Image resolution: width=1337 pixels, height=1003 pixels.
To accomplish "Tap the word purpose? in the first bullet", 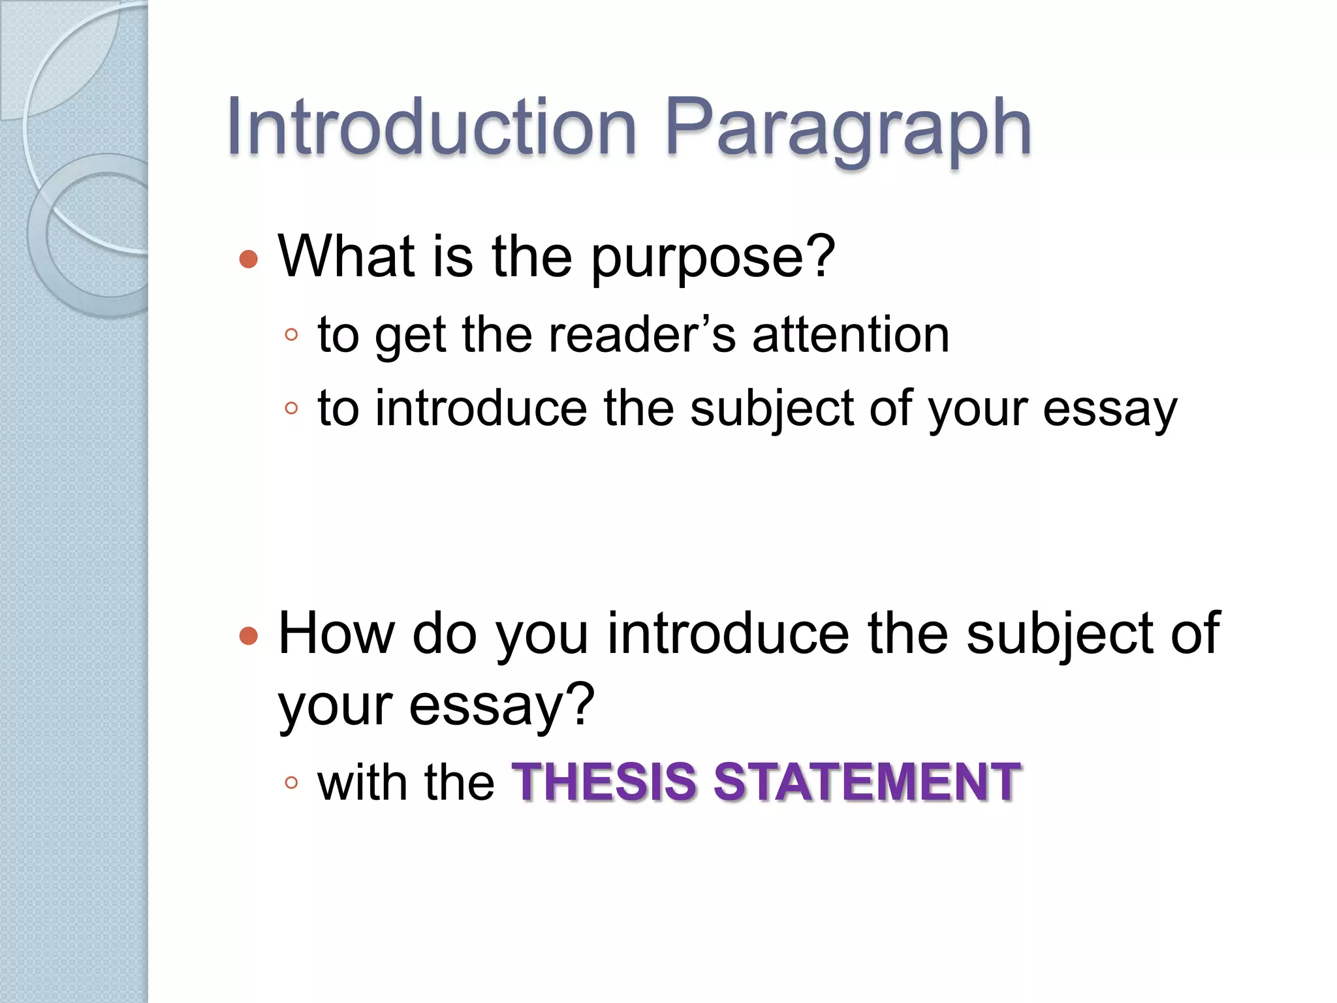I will (x=713, y=257).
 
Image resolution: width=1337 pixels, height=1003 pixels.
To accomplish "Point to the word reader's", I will (x=642, y=335).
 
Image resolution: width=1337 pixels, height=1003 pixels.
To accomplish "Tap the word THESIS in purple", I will (x=605, y=782).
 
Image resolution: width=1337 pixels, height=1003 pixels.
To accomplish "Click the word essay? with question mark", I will (x=501, y=706).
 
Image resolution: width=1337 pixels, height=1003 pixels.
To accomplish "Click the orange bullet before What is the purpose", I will (x=249, y=259).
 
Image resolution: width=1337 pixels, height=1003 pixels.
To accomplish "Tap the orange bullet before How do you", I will (x=249, y=635).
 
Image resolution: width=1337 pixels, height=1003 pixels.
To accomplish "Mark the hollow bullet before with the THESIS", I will (x=291, y=782).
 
